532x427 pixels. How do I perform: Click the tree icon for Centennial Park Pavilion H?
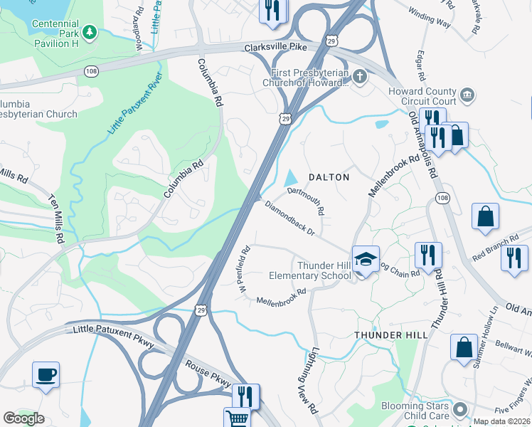(89, 32)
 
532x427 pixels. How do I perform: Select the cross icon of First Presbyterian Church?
(361, 75)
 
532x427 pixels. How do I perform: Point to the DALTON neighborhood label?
(328, 176)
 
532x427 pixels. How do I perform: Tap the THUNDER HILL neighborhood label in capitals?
(391, 334)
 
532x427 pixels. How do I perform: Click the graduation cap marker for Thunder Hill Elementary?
(366, 260)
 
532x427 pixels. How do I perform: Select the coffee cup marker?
(46, 374)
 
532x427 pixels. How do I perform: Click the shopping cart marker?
(238, 418)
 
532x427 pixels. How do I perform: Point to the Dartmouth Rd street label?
(307, 201)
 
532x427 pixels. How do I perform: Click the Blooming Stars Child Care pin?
(459, 409)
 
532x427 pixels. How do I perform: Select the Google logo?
(23, 418)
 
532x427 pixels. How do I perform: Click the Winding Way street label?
(429, 18)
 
